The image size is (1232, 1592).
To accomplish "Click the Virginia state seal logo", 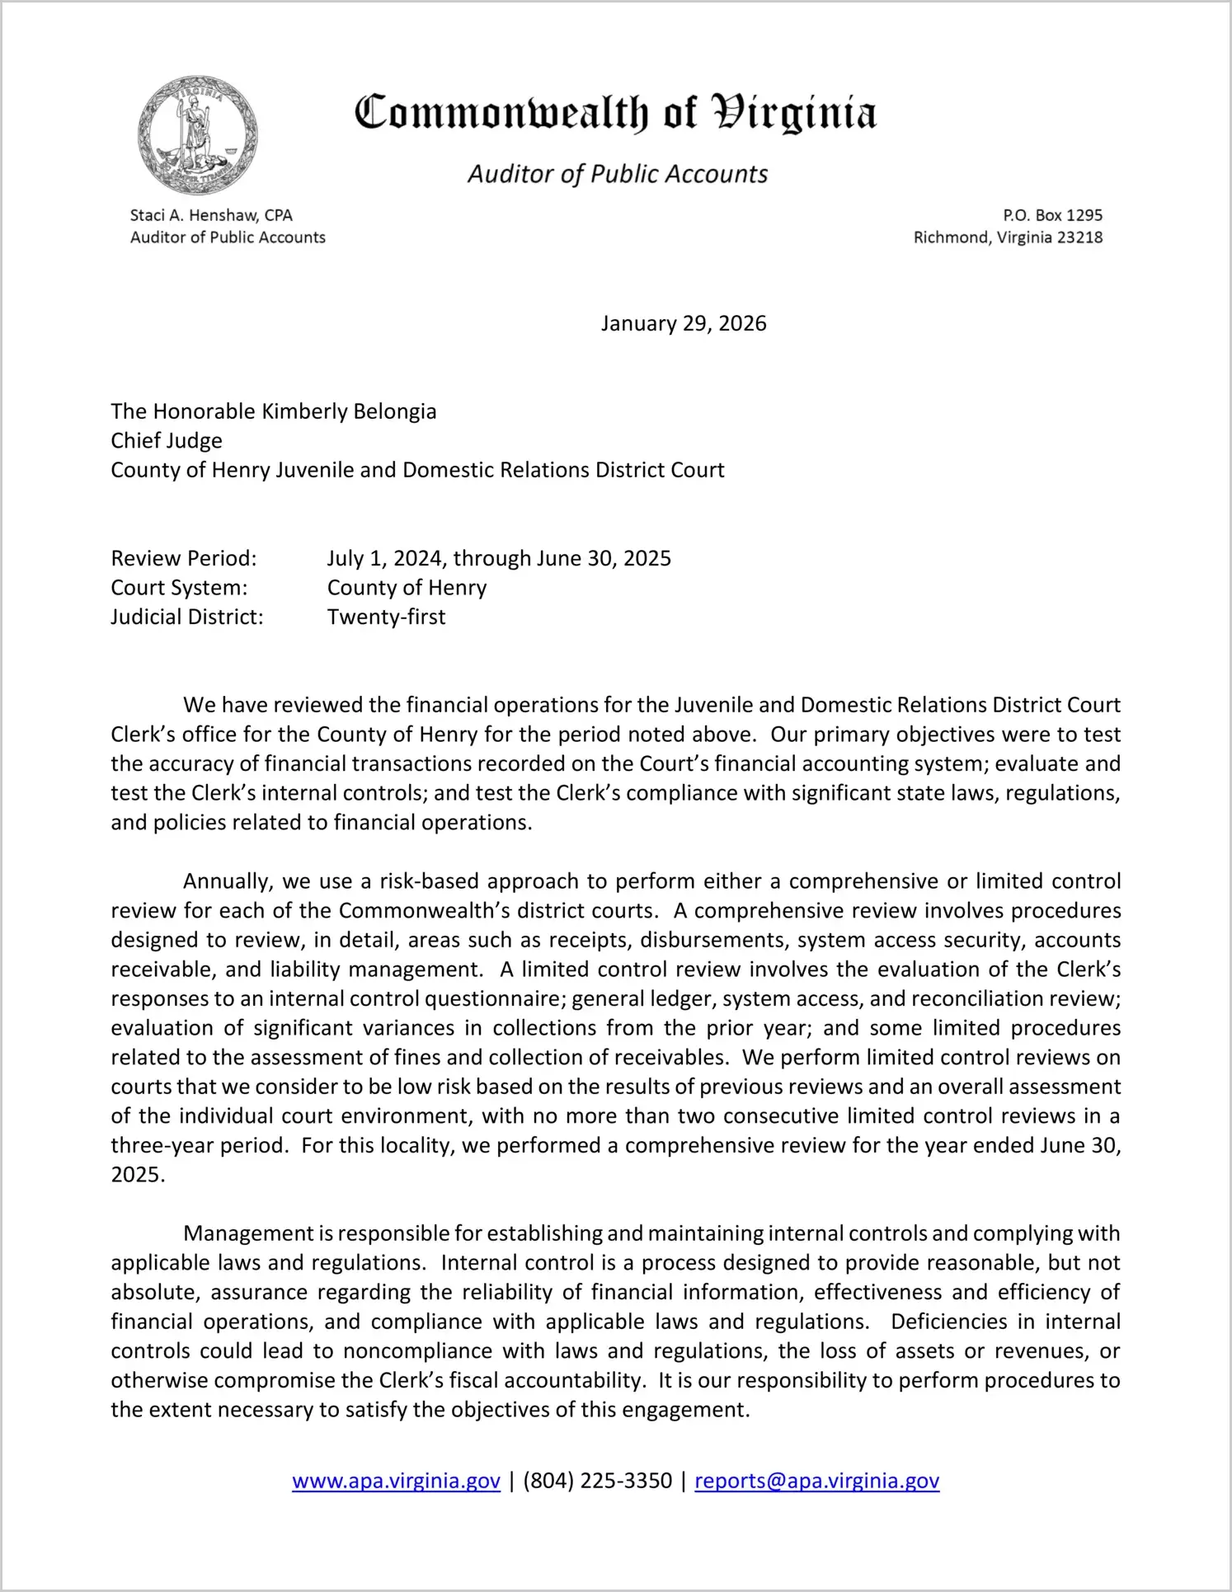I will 198,135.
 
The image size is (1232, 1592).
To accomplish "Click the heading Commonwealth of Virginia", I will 615,114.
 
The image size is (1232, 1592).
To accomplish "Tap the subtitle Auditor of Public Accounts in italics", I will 618,174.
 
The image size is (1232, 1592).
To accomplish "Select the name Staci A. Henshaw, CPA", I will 211,215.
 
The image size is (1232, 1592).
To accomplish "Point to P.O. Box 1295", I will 1052,215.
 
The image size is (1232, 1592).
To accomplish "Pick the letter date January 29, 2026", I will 684,323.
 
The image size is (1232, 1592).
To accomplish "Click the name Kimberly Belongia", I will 349,411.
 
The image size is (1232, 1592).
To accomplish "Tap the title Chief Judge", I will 167,440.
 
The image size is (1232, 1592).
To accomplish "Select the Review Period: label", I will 184,558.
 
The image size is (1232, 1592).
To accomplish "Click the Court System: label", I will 179,588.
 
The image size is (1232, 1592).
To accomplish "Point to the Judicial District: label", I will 187,617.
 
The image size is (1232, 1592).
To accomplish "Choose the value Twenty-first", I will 386,617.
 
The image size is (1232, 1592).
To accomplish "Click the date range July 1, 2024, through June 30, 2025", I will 499,558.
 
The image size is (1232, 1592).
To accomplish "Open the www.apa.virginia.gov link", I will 396,1481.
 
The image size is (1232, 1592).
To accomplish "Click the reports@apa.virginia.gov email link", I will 816,1481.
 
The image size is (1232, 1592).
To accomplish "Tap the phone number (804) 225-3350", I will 597,1481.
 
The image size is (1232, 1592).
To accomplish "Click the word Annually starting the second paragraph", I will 228,881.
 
